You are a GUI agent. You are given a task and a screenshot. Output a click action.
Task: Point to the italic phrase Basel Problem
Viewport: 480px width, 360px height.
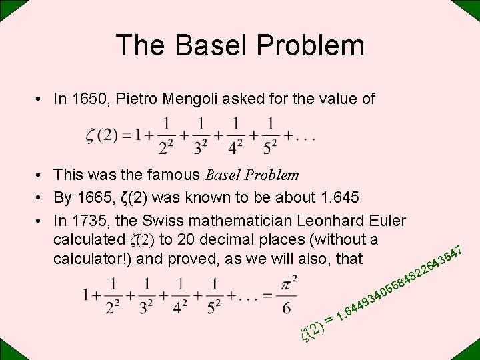coord(252,175)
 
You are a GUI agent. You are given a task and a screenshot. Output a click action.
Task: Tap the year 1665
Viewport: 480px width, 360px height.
coord(92,198)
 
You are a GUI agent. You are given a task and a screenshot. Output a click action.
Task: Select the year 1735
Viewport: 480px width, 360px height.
coord(92,221)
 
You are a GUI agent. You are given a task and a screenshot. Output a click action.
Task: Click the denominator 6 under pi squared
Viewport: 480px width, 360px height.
coord(286,307)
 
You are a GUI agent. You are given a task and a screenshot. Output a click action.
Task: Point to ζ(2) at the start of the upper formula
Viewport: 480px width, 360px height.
coord(102,136)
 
